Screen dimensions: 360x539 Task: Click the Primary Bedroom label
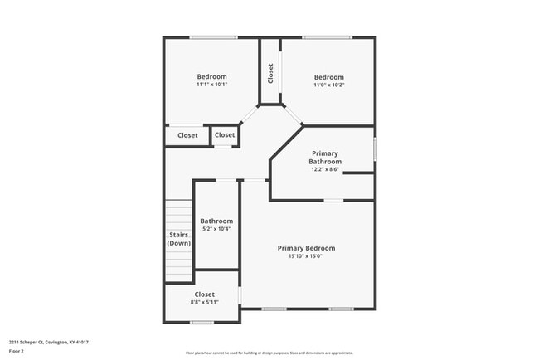306,248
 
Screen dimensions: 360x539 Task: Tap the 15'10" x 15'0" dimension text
306,256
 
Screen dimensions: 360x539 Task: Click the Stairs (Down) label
179,239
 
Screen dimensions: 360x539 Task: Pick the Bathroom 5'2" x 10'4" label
216,221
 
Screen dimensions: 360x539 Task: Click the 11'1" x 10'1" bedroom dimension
211,85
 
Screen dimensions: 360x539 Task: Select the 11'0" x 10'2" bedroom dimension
328,85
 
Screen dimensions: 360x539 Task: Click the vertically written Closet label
270,74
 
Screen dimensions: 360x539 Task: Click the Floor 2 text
17,350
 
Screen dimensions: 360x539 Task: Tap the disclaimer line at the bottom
269,353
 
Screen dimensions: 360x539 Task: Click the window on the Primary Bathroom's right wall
375,149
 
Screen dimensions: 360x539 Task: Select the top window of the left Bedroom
213,37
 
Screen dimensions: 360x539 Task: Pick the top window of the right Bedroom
327,37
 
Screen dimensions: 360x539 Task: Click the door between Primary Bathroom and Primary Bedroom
333,200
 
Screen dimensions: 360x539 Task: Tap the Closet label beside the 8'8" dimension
204,294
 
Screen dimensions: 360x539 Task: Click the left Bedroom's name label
211,76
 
